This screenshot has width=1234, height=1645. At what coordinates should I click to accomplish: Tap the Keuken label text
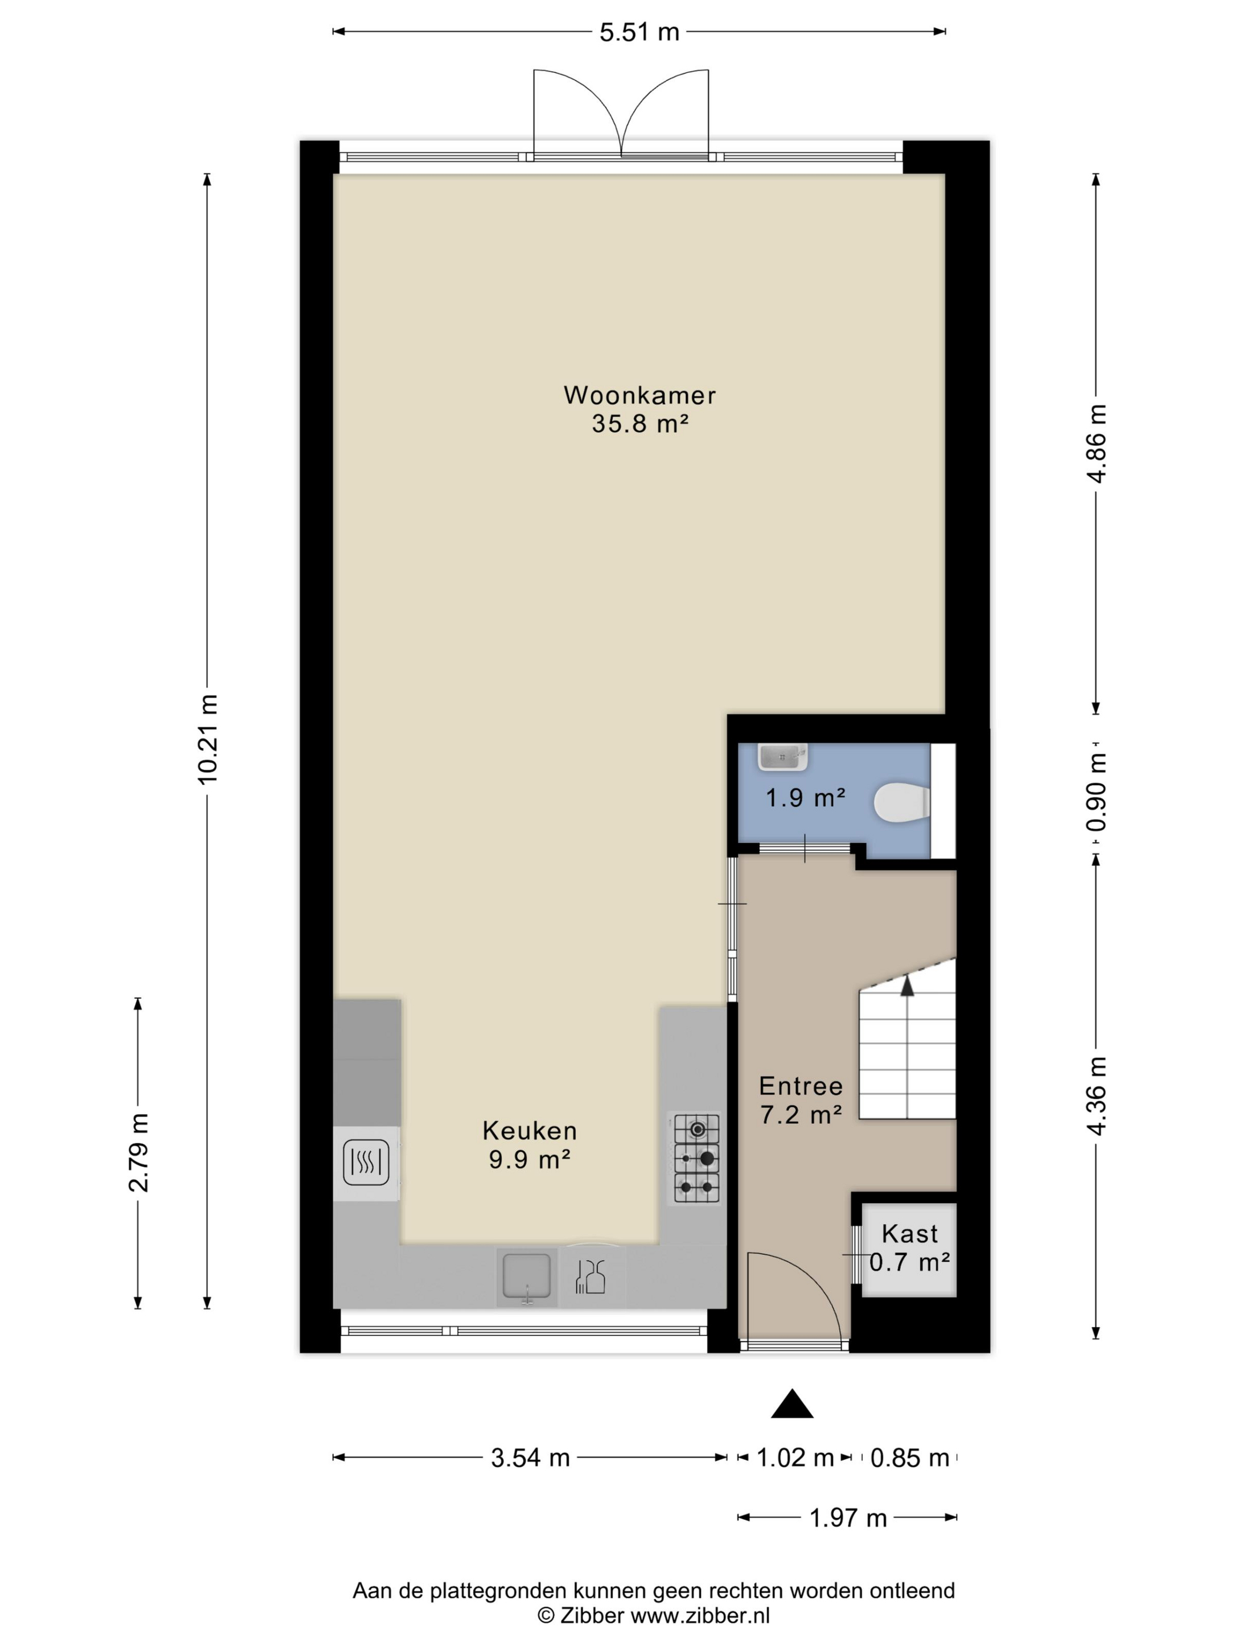(529, 1131)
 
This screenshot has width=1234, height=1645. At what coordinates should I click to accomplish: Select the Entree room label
(801, 1086)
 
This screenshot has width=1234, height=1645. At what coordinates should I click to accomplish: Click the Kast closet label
(910, 1234)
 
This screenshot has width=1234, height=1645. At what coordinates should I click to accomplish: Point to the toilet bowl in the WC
(901, 803)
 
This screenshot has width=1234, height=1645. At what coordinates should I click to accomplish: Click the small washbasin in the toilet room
(783, 757)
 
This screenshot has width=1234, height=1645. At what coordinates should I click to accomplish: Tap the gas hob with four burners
(697, 1158)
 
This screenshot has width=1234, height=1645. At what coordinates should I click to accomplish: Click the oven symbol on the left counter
(366, 1162)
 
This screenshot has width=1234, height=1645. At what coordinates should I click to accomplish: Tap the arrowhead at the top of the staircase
(907, 985)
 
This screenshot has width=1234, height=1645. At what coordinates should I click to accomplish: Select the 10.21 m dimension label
(207, 738)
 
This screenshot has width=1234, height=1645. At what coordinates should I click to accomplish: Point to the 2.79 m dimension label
(138, 1152)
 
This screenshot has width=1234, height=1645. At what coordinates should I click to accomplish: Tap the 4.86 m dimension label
(1096, 444)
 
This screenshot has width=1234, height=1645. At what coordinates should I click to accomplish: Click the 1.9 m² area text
(806, 798)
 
